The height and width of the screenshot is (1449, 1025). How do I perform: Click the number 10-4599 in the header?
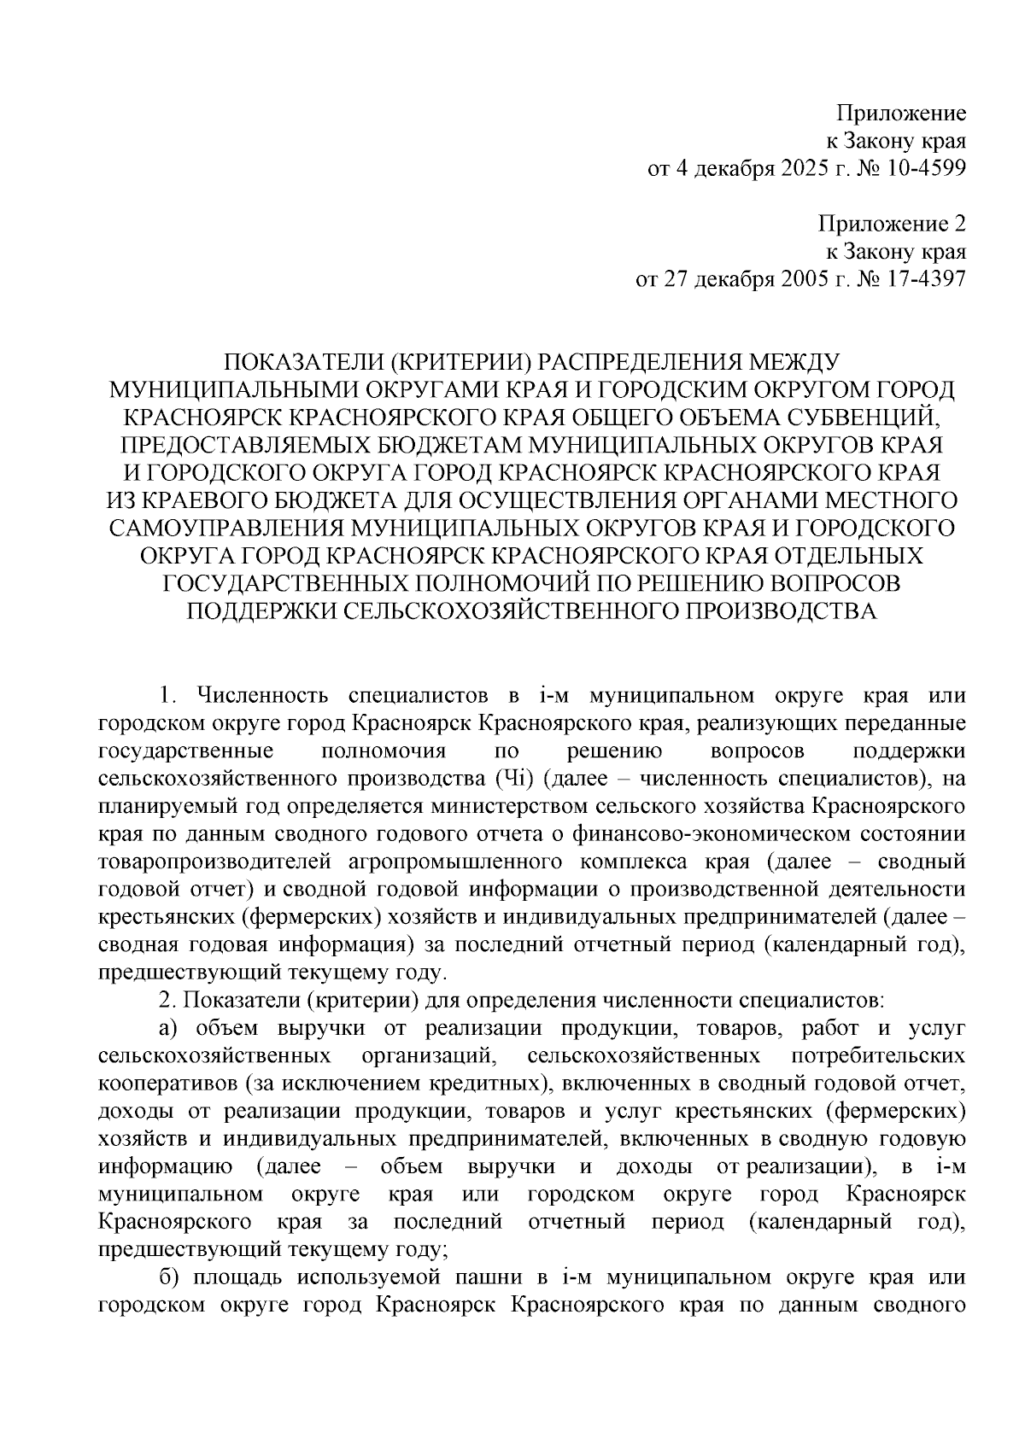pyautogui.click(x=926, y=168)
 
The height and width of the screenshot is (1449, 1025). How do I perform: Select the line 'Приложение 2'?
pyautogui.click(x=892, y=225)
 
